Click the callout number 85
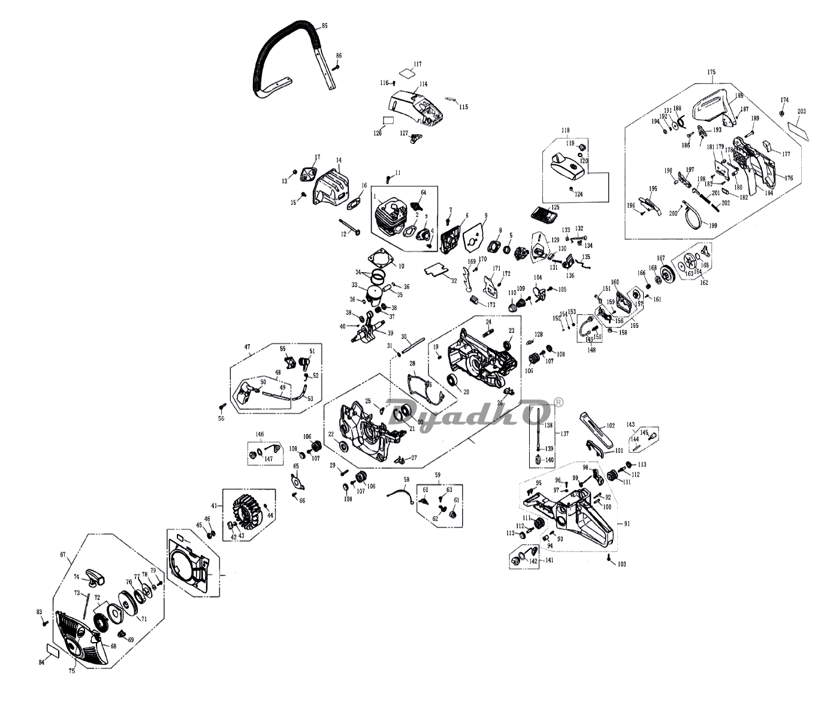click(x=324, y=26)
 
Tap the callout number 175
click(x=711, y=72)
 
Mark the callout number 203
click(x=802, y=112)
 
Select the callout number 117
click(x=417, y=64)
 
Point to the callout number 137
click(x=564, y=433)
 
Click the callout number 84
click(x=41, y=662)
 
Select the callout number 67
click(x=62, y=555)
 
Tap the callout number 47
click(x=246, y=347)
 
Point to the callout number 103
click(x=621, y=564)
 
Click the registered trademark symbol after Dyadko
click(x=558, y=403)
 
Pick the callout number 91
click(x=627, y=524)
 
